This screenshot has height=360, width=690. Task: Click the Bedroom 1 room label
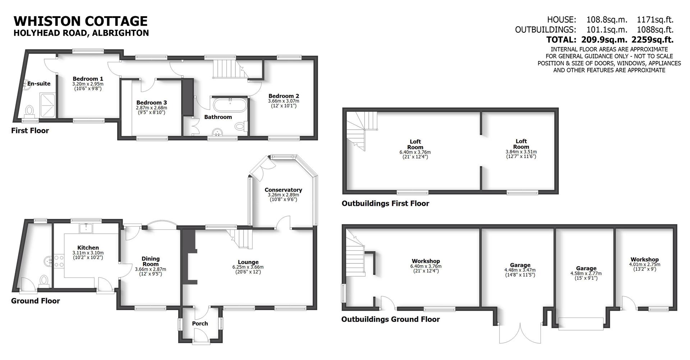88,79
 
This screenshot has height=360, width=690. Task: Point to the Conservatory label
283,190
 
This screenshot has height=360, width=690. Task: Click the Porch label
200,324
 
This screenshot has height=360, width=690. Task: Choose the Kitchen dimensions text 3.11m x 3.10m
88,253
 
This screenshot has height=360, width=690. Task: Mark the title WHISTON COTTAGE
80,21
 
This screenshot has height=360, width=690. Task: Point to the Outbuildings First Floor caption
385,204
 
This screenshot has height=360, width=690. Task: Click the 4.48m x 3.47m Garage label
520,265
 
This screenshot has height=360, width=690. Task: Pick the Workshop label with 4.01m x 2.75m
644,259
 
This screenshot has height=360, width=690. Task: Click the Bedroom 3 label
151,103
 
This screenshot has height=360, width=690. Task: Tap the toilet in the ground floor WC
44,280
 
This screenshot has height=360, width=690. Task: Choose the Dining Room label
150,261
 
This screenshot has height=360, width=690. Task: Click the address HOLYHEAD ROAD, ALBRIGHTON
81,33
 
